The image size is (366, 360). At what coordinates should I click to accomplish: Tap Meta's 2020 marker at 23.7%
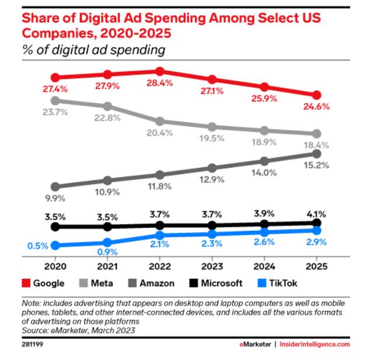pos(55,101)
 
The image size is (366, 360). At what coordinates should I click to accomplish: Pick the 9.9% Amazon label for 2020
pos(55,199)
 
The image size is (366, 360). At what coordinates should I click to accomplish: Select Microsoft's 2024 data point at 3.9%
pos(264,224)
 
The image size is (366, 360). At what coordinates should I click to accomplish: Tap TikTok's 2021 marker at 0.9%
pos(107,242)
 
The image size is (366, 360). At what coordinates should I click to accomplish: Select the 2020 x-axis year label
pos(55,265)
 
